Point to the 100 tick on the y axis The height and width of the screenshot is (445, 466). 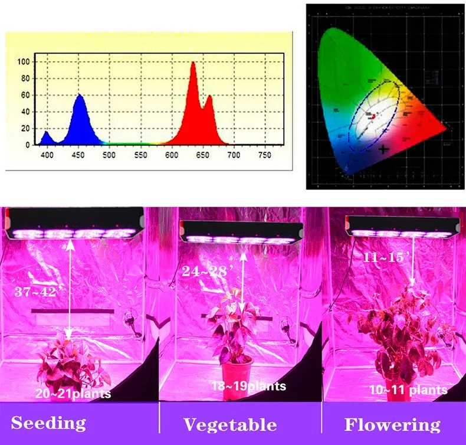pos(24,61)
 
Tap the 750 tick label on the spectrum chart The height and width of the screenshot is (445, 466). pos(265,155)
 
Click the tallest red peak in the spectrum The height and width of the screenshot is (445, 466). pos(193,63)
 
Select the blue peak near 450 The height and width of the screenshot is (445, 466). pos(80,96)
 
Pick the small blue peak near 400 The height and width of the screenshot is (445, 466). pos(47,133)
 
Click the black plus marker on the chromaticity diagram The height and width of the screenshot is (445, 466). pos(384,149)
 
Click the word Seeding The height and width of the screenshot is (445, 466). pos(48,423)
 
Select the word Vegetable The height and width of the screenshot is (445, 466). pos(229,424)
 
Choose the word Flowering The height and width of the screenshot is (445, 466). pos(392,424)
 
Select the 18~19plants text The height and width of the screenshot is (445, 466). pos(248,386)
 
